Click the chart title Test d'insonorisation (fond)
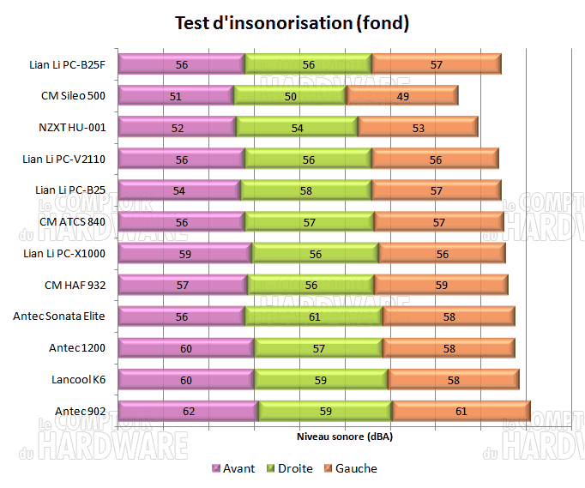(292, 23)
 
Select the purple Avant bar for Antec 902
(188, 411)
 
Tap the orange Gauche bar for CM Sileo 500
(401, 96)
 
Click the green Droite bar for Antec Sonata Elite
(314, 316)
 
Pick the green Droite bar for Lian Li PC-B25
(306, 190)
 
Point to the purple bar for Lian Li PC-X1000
(184, 254)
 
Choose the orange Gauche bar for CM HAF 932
(441, 285)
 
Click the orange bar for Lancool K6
(454, 380)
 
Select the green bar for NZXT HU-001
(297, 128)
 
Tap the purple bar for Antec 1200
(186, 348)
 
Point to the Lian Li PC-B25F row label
(66, 64)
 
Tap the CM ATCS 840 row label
(72, 221)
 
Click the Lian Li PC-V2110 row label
(64, 159)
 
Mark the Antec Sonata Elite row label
(59, 316)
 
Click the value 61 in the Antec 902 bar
(461, 412)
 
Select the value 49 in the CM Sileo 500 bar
(401, 96)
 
